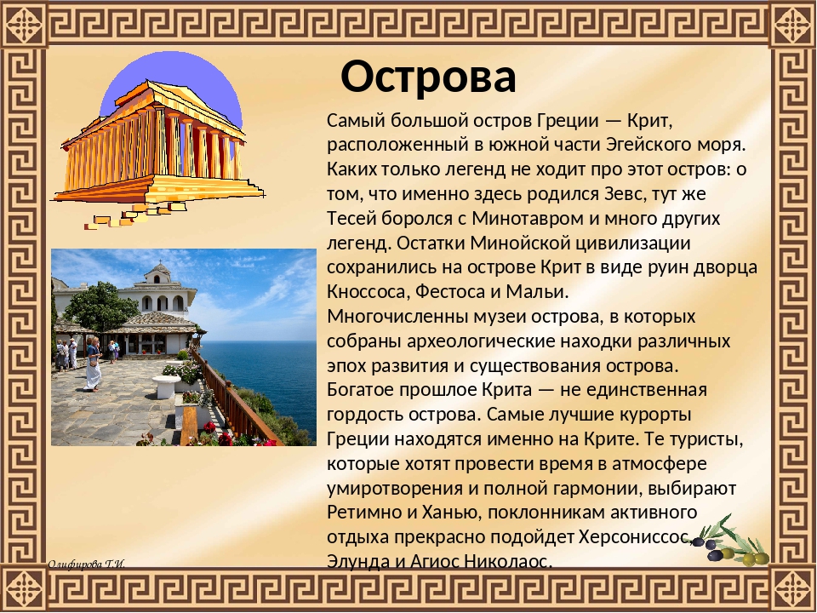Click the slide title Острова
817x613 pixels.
(x=428, y=77)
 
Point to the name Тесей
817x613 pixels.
(x=351, y=219)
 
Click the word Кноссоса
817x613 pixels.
(x=366, y=291)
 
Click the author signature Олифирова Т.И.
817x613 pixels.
(x=87, y=564)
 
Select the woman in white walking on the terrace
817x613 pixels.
(x=94, y=364)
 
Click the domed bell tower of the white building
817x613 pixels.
(x=159, y=273)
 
